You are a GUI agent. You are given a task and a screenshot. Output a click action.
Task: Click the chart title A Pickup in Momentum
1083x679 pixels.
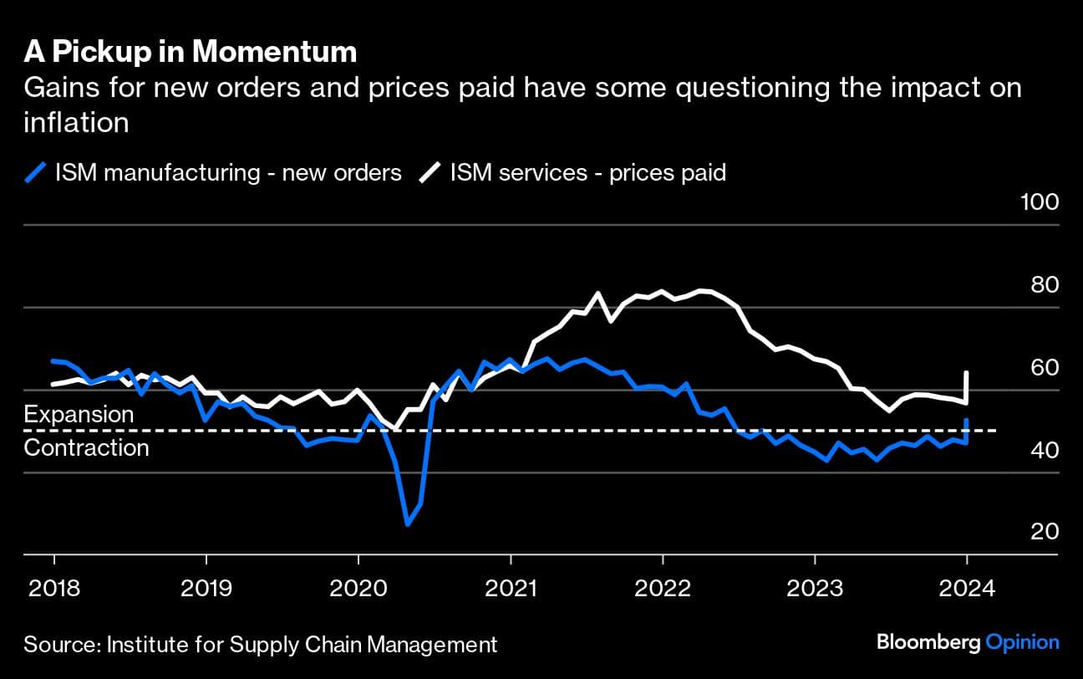tap(191, 53)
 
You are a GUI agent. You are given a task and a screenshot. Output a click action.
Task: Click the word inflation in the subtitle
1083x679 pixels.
tap(76, 123)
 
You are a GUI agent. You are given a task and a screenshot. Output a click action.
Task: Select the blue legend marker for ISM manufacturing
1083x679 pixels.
tap(35, 173)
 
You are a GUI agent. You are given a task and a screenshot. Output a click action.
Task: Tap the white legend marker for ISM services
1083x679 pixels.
tap(430, 173)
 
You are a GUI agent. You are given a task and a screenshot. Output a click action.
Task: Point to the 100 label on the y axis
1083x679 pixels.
tap(1039, 202)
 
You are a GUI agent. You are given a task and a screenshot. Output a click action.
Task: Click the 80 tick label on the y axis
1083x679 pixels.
tap(1044, 285)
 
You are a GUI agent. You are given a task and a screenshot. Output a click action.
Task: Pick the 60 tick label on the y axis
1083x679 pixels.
tap(1044, 368)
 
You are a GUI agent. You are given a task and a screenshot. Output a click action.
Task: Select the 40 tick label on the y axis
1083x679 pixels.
tap(1044, 451)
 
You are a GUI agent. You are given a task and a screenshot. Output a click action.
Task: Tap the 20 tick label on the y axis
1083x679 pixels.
tap(1044, 533)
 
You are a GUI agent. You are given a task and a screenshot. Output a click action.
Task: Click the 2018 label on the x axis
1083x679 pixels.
tap(54, 589)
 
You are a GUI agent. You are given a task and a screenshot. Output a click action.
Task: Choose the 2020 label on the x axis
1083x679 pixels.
tap(358, 589)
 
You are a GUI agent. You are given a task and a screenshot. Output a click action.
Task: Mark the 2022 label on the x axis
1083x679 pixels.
tap(663, 589)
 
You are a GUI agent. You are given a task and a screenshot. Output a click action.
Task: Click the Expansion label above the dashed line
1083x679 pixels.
tap(79, 415)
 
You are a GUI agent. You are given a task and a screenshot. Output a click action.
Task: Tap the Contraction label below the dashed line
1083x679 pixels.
tap(86, 447)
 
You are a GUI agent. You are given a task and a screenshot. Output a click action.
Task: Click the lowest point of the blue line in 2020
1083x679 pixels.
tap(407, 524)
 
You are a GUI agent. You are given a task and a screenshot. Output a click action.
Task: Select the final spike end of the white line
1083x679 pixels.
tap(967, 373)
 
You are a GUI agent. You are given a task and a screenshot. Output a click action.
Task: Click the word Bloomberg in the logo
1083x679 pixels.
tap(928, 642)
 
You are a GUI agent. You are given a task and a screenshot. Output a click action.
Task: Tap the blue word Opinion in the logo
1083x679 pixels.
tap(1023, 642)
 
